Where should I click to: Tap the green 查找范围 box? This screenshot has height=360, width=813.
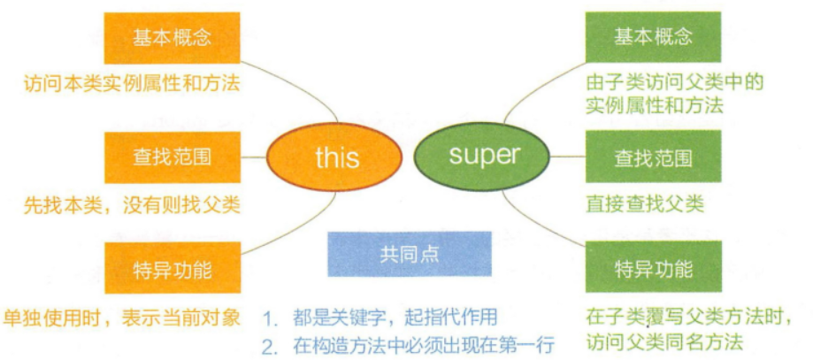[x=653, y=157]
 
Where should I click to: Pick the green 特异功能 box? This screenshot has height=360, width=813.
[x=653, y=268]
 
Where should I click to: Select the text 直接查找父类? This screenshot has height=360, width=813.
[x=645, y=204]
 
